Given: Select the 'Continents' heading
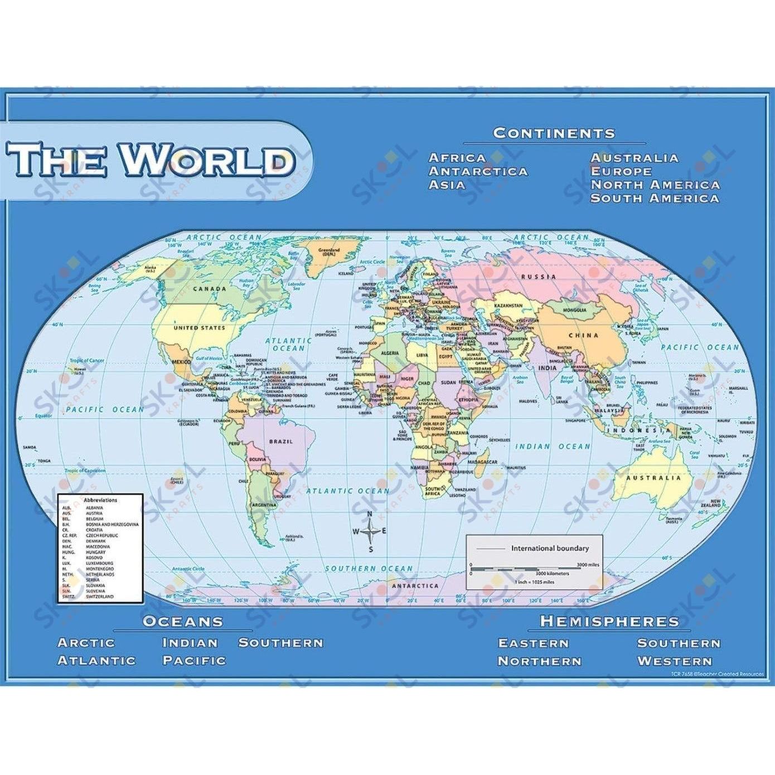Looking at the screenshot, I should click(x=554, y=133).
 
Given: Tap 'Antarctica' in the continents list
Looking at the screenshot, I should click(x=478, y=172).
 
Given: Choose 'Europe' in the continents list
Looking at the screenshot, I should click(x=621, y=172).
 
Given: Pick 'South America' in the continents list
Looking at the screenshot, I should click(x=655, y=198).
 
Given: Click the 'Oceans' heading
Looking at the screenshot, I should click(x=183, y=621).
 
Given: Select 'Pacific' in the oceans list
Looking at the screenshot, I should click(x=194, y=661).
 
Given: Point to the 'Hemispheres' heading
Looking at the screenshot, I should click(x=609, y=621).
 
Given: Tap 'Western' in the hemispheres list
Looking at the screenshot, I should click(x=675, y=661).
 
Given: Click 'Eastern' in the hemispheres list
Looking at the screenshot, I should click(x=533, y=643).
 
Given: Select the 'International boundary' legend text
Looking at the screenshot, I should click(x=550, y=548).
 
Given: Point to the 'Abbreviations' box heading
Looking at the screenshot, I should click(x=100, y=500).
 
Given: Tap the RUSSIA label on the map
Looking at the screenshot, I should click(x=538, y=277).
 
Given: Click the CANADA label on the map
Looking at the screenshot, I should click(x=210, y=289).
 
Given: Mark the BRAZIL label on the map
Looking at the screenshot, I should click(x=281, y=442).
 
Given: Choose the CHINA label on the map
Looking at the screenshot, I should click(x=583, y=336).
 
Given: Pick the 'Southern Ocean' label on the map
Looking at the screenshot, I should click(x=369, y=569).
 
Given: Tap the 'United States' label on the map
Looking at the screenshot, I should click(x=199, y=328).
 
